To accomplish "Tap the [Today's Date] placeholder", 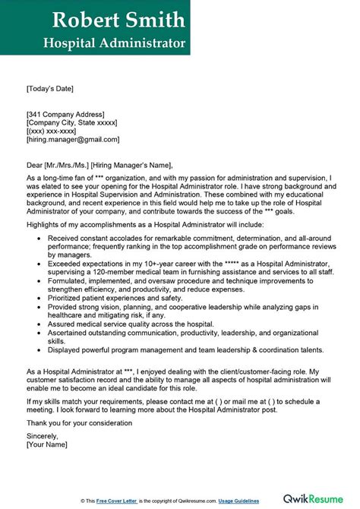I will pyautogui.click(x=50, y=88).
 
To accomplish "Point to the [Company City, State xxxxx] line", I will pyautogui.click(x=73, y=122).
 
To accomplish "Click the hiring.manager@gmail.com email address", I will pyautogui.click(x=72, y=140).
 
